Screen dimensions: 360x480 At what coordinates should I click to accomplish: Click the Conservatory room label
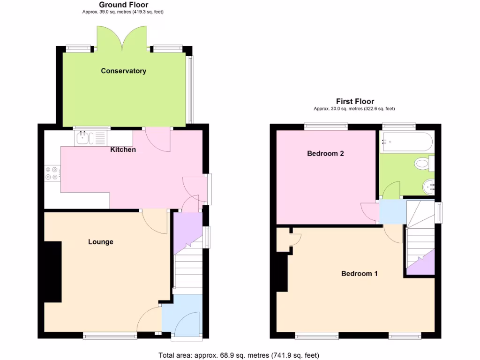[x=124, y=71]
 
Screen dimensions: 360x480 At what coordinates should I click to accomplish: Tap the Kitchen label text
[x=123, y=150]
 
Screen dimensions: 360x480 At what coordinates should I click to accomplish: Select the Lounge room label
[x=101, y=242]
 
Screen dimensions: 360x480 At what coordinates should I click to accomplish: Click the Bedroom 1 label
[x=359, y=274]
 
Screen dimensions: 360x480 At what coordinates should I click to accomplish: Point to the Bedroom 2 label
[x=325, y=153]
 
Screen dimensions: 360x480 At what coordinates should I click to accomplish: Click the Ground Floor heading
[x=123, y=5]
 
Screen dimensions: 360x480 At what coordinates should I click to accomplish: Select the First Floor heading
[x=355, y=101]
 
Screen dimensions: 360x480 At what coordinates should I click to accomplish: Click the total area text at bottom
[x=240, y=355]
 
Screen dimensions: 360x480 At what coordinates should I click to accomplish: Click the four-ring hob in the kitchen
[x=52, y=173]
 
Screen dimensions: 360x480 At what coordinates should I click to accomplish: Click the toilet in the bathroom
[x=425, y=164]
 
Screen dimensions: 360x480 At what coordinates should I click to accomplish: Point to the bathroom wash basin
[x=429, y=187]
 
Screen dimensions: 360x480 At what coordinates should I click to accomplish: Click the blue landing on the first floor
[x=392, y=212]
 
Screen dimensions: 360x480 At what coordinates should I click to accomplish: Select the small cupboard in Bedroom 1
[x=283, y=240]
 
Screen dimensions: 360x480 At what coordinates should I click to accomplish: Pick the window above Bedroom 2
[x=326, y=126]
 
